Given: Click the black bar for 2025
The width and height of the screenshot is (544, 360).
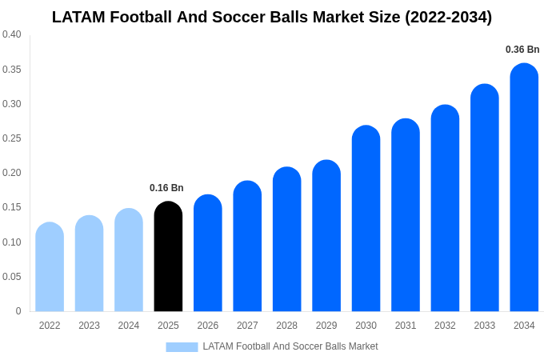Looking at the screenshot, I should click(168, 257).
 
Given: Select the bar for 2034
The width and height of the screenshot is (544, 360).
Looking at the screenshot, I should click(524, 188).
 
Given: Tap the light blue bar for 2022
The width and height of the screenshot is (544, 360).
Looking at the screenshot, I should click(50, 267).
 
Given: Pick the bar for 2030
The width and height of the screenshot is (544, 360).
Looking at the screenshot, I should click(366, 219).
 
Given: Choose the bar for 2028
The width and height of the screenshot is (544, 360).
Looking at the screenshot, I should click(286, 240).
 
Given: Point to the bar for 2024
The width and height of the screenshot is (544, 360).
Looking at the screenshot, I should click(129, 261).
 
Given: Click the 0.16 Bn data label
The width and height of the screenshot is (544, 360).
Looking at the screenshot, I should click(166, 188).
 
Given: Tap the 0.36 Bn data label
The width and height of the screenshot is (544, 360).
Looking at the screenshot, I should click(522, 50).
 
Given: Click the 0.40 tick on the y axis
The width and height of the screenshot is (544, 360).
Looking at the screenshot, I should click(12, 34).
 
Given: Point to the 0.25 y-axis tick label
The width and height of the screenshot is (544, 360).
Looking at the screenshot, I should click(12, 138).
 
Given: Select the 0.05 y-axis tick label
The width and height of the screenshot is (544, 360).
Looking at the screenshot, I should click(12, 277).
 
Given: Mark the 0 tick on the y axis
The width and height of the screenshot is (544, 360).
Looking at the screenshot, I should click(18, 311).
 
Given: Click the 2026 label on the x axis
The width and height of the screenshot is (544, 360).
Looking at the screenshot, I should click(208, 326).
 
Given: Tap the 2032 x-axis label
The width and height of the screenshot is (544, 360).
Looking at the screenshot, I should click(445, 326).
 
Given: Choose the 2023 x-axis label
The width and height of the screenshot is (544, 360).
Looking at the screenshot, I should click(89, 326).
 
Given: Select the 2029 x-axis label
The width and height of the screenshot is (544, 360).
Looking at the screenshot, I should click(326, 326).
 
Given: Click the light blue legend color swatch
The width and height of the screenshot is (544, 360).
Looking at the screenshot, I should click(182, 347).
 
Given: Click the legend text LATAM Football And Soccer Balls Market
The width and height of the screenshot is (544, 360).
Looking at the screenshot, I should click(290, 346).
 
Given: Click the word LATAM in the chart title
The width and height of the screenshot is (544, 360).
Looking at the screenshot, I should click(79, 17).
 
